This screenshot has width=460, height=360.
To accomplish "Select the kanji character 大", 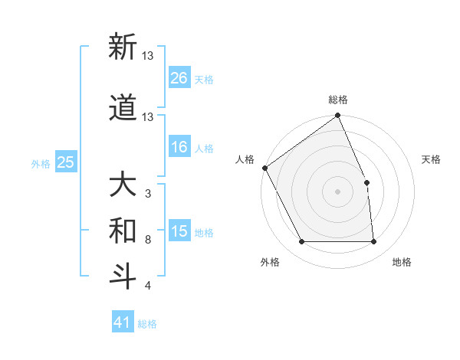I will [123, 185].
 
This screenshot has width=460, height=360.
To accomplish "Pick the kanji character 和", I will [123, 230].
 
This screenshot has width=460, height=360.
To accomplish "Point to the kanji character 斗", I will [123, 276].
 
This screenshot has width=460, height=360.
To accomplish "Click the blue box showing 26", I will [179, 78].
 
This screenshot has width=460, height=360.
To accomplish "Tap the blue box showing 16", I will [179, 148].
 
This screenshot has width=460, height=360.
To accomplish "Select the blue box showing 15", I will [179, 231].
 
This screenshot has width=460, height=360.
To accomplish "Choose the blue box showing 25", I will [66, 162].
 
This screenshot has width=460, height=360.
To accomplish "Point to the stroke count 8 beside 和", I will [147, 240].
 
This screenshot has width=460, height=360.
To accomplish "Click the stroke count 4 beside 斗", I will [147, 286].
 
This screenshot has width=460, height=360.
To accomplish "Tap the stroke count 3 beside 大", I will [147, 194].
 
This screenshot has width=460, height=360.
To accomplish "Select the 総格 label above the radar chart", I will [338, 100].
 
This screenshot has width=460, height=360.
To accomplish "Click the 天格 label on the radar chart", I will [432, 159].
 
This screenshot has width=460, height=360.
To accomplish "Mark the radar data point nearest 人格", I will [264, 168].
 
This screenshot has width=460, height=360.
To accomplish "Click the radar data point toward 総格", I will [338, 116].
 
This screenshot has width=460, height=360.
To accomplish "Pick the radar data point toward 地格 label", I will [373, 242].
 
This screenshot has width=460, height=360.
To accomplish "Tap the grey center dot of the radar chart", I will [337, 191].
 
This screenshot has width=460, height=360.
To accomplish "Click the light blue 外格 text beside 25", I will [41, 163].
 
